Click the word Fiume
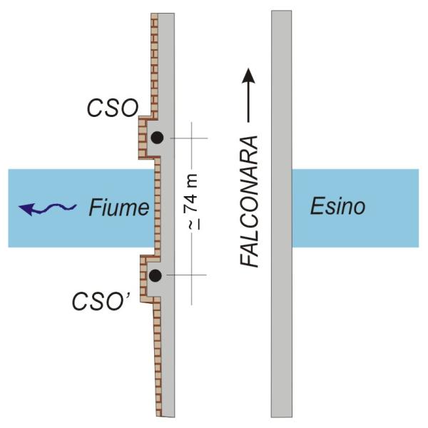coord(119,208)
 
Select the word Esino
coord(337,208)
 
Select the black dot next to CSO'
coord(154,275)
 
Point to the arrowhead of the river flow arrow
coord(26,209)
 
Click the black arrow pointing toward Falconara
coord(248,93)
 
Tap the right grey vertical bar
coord(280,214)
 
